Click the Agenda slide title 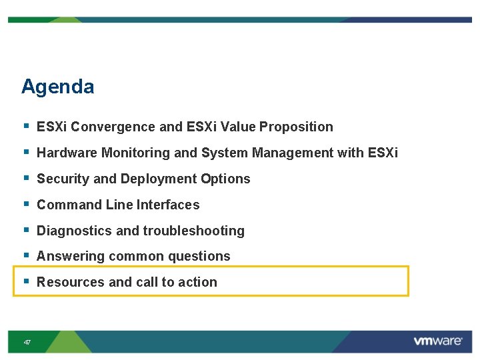point(57,87)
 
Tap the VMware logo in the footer point(437,341)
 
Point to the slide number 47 point(27,342)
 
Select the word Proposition point(296,127)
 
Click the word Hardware point(67,153)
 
